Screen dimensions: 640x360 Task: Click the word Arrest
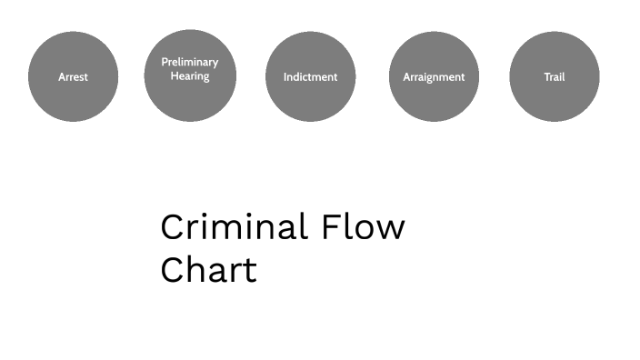pos(73,77)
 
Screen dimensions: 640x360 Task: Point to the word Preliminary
pos(190,63)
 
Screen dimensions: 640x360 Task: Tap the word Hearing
pos(190,76)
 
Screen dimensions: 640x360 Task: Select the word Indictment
pos(310,77)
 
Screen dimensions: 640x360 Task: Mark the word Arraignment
pos(434,77)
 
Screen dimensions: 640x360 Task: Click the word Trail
pos(555,77)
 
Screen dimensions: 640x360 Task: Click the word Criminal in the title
pos(234,226)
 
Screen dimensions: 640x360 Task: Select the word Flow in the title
pos(364,226)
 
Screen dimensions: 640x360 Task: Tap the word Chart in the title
pos(208,270)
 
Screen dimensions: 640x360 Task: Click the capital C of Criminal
pos(173,227)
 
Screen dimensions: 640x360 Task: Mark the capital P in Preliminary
pos(165,63)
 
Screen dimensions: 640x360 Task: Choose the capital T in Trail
pos(546,77)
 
